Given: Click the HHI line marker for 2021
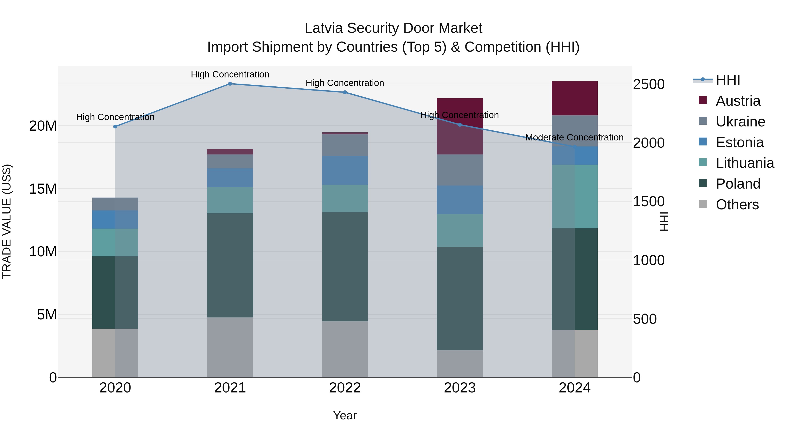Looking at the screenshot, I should [230, 84].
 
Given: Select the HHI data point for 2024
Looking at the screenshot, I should [575, 147].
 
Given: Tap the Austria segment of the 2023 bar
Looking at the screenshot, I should [460, 126].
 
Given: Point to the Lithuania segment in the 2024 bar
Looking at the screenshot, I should [575, 196].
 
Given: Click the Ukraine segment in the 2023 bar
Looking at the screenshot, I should [460, 170].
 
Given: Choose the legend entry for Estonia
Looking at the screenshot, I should [739, 142].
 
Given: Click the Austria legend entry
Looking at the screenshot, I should [738, 101].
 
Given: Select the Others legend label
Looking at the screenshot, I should [737, 205].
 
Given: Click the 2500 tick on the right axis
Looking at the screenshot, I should [649, 84].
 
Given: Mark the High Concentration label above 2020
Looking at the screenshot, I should [115, 117].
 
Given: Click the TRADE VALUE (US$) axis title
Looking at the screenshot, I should [7, 221].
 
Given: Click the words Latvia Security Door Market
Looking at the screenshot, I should [393, 28].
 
